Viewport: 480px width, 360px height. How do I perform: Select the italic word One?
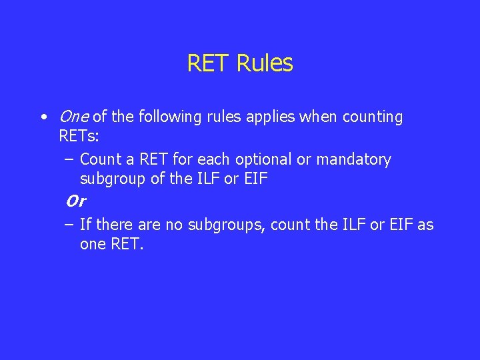pos(73,117)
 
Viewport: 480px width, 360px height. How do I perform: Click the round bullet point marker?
pos(43,118)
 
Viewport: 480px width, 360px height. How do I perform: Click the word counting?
pos(372,117)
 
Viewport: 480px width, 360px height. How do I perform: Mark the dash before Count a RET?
pos(69,160)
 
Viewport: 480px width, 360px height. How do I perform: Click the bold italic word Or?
pos(75,201)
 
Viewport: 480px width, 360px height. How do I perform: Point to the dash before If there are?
pos(69,225)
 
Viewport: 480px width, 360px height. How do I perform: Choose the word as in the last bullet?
pos(425,225)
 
